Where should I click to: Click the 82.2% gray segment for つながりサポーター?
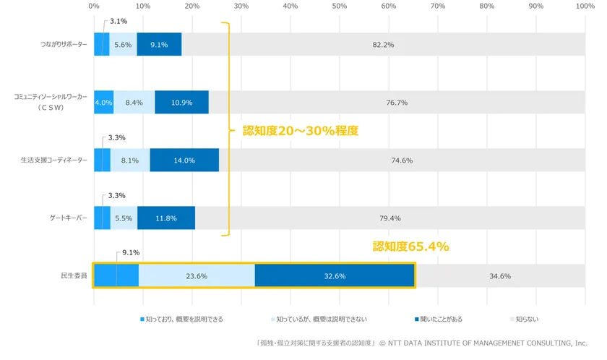point(383,44)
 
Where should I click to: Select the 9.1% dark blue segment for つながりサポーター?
point(159,44)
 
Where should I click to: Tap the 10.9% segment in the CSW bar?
point(181,102)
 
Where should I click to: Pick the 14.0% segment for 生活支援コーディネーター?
point(184,160)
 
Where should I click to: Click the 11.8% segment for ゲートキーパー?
point(166,218)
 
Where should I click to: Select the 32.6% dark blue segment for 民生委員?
point(335,276)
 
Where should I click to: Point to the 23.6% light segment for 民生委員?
point(197,276)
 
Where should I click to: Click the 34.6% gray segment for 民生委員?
point(500,276)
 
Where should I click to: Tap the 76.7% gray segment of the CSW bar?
point(397,102)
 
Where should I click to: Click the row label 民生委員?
point(74,276)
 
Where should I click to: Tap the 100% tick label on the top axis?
point(585,6)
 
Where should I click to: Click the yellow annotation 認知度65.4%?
point(410,247)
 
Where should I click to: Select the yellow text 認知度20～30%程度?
point(300,132)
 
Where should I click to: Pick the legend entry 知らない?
point(525,318)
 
